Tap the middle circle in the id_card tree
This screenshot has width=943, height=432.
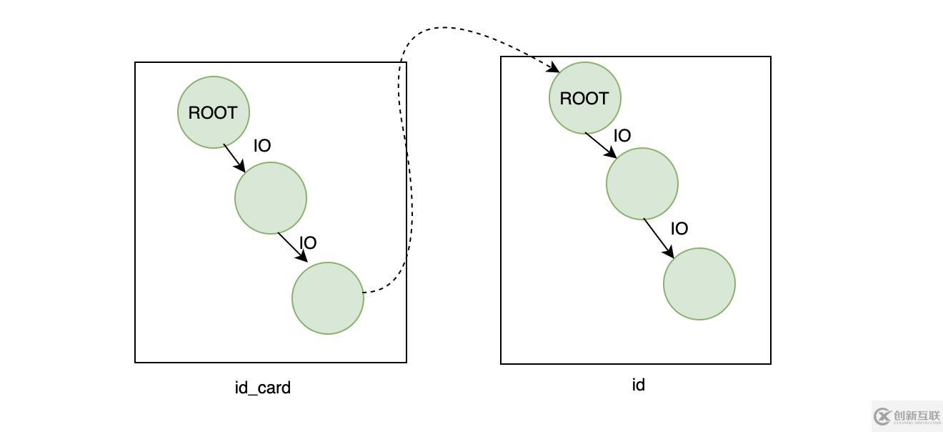271,198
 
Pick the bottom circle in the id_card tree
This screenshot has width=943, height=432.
328,298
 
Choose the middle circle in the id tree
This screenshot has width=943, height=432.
642,184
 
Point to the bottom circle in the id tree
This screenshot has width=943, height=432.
699,284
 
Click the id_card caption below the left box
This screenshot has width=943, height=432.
263,388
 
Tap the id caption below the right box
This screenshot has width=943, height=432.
638,385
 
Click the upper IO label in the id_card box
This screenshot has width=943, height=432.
262,146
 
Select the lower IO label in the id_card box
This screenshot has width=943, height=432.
308,243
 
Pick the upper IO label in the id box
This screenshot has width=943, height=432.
622,136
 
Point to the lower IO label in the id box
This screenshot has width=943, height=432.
679,229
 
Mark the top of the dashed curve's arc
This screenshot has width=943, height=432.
444,28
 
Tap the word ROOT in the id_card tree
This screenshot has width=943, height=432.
213,112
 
